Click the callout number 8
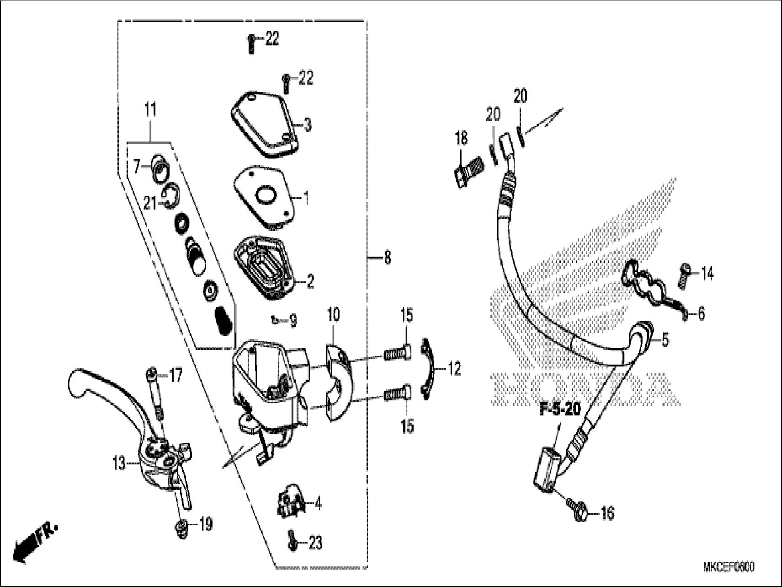pos(387,258)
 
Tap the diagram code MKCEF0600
pos(729,567)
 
